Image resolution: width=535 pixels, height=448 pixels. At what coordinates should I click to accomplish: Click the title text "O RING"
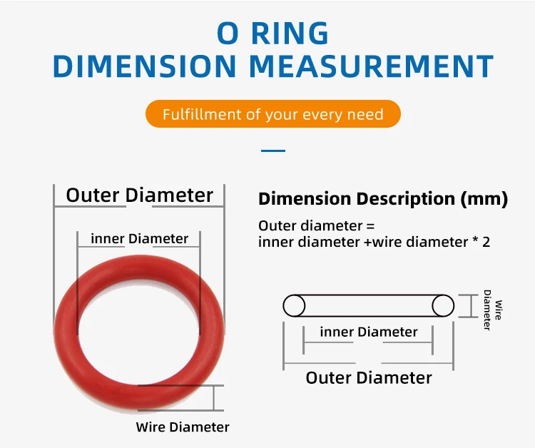272,33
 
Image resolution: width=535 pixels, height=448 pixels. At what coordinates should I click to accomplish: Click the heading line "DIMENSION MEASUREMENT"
272,66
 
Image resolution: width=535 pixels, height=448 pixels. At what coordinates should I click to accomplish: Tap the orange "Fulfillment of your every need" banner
272,114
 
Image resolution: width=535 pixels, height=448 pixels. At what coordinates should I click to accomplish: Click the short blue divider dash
273,151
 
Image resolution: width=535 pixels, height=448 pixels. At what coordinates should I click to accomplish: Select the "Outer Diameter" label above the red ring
140,195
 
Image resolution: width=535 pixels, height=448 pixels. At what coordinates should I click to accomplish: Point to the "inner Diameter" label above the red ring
140,239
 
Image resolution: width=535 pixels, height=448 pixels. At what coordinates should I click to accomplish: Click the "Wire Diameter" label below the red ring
183,427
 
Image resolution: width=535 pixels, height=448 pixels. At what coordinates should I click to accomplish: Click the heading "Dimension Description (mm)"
382,199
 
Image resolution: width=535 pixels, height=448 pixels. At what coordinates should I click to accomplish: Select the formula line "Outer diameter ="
316,225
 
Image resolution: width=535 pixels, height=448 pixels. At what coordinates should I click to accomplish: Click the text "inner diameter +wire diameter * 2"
374,242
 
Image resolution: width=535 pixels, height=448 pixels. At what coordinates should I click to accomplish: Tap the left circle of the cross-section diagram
294,305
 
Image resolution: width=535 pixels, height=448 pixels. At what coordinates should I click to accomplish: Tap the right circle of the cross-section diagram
443,305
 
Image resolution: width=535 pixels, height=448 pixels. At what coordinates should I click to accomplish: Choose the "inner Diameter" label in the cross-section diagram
368,332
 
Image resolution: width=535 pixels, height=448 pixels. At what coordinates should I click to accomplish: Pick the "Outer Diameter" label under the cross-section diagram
369,377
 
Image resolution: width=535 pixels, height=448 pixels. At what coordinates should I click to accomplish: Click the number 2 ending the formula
486,242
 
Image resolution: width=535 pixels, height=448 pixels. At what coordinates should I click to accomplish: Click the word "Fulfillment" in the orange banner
192,114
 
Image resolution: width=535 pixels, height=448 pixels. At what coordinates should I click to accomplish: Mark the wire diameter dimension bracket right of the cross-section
470,305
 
